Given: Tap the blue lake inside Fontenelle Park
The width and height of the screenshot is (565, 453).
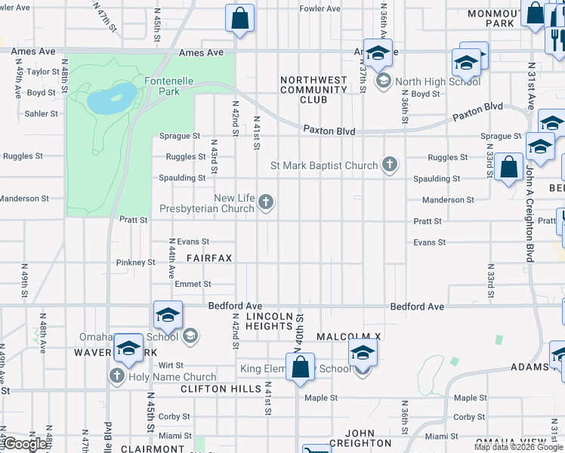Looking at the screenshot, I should (x=111, y=97).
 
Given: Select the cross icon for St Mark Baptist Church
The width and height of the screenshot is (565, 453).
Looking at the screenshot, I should (x=389, y=165).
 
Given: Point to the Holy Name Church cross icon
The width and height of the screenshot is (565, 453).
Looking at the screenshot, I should (x=117, y=376).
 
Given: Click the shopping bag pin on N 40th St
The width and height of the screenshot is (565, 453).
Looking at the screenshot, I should (x=300, y=368).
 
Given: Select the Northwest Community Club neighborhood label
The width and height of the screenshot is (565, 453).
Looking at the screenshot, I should (x=313, y=89).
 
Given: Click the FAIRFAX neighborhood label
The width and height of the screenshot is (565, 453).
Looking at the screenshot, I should (x=209, y=258).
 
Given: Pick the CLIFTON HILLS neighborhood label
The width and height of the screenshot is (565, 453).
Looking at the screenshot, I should (x=214, y=389).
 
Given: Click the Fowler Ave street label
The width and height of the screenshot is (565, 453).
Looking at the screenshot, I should (x=320, y=8).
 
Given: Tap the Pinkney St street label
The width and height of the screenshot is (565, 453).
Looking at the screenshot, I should (x=136, y=263).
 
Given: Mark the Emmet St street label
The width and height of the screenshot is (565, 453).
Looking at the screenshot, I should (x=193, y=284).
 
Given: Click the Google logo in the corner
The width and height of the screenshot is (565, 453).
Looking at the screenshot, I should (x=25, y=444).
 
